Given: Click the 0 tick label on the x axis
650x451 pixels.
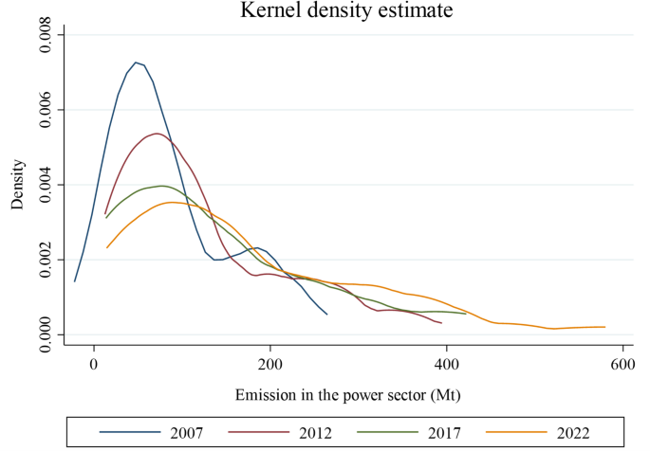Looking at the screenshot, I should [x=94, y=363].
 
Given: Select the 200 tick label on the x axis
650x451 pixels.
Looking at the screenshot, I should [x=270, y=363].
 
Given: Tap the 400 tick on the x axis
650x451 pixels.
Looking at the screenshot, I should [x=447, y=363].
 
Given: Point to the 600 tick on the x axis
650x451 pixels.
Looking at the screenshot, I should [x=622, y=363].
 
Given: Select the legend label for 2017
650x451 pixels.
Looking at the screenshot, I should [x=440, y=433].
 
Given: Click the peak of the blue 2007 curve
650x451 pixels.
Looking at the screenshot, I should [x=137, y=63].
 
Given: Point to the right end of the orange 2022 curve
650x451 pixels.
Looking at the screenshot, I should [x=604, y=327].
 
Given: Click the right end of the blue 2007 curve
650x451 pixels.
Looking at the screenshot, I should [x=326, y=314].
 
